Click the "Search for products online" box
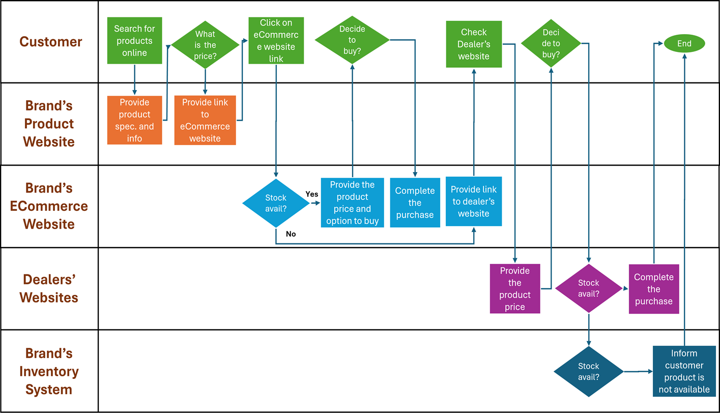coord(134,41)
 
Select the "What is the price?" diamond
coord(205,45)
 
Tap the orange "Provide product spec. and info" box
coord(134,120)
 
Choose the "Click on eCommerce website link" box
coord(276,41)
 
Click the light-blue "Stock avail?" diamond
coord(276,203)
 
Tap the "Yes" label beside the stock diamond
coord(311,194)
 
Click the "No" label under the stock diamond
coord(291,234)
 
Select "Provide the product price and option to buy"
coord(352,203)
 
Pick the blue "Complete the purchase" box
coord(415,203)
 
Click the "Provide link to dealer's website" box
coord(473,201)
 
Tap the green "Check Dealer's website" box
coord(474,44)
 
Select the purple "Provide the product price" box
coord(514,289)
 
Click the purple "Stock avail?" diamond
coord(589,288)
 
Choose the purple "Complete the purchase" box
coord(653,289)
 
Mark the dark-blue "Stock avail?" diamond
coord(589,372)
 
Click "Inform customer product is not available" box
coord(684,371)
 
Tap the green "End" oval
coord(684,44)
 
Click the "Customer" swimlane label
coord(50,42)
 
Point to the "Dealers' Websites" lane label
coord(49,288)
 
